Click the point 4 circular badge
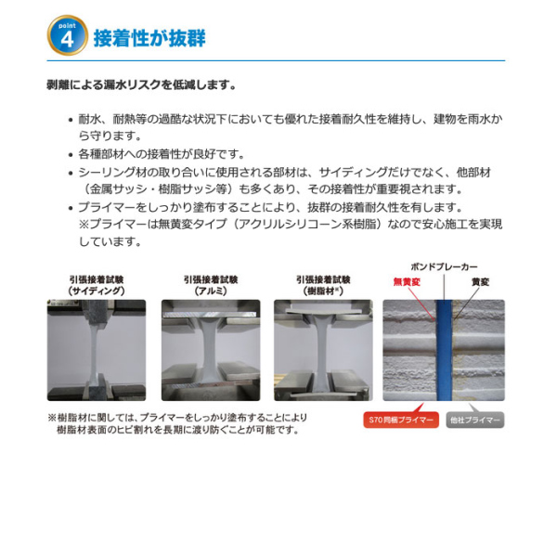68,35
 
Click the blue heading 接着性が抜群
149,38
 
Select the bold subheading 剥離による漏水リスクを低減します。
142,84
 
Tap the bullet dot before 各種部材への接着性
71,155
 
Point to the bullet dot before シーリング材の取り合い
71,174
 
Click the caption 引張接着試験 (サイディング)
97,285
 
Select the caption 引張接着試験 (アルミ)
211,285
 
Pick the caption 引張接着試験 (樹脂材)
323,285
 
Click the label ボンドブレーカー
444,266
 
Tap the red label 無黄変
407,281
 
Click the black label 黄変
480,281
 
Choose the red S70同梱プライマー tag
401,420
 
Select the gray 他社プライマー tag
475,420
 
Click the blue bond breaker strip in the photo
444,350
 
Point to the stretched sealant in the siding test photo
94,352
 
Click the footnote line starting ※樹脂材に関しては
177,418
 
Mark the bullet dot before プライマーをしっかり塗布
71,208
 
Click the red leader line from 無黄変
421,304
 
